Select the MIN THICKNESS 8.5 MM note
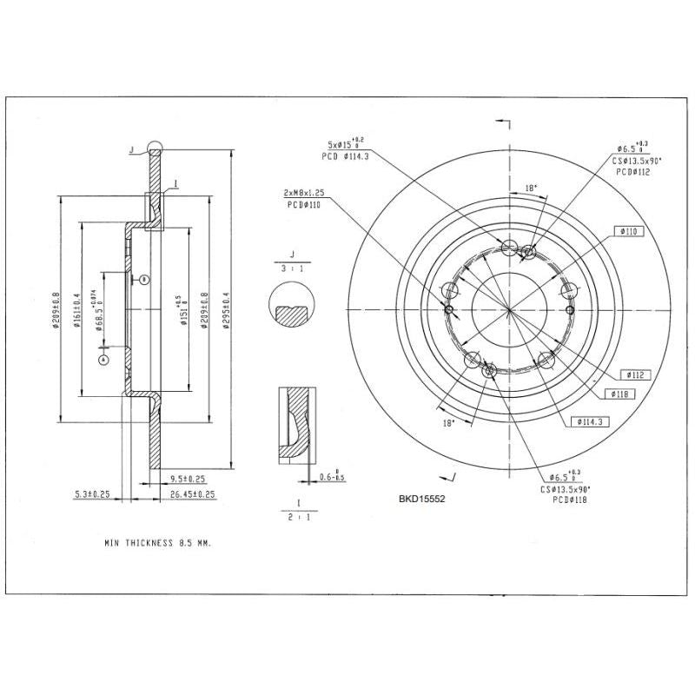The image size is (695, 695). (x=157, y=541)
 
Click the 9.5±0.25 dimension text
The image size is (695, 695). (x=188, y=479)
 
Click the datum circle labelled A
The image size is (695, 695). (x=103, y=358)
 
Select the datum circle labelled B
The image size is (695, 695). (x=144, y=279)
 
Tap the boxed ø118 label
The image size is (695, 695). (x=619, y=394)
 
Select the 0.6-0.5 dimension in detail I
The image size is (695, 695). (x=331, y=477)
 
